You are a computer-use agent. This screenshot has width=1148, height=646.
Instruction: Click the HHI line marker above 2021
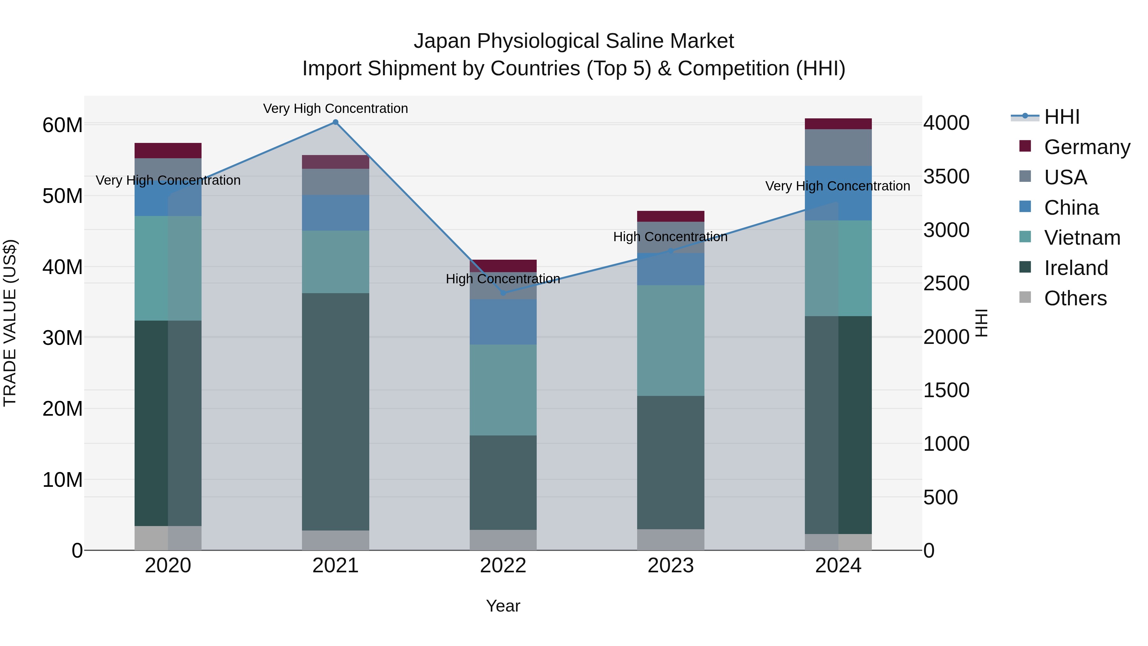335,122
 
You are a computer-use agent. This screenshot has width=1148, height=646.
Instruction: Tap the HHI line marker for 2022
503,293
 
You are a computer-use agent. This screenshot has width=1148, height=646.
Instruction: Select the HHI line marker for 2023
671,251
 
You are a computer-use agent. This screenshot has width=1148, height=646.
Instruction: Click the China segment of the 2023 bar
671,269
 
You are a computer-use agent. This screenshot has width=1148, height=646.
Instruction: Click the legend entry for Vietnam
1082,238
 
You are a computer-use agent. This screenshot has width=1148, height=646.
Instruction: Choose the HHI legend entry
1062,117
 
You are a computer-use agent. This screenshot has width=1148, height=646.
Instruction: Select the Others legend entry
1075,298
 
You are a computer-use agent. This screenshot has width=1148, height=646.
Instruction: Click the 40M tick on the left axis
63,267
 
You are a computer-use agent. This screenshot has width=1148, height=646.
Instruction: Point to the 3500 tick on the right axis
946,176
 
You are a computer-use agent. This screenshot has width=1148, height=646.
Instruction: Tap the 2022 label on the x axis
503,566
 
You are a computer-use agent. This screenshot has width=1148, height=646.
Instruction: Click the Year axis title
503,606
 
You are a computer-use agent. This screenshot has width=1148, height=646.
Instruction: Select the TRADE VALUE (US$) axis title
10,323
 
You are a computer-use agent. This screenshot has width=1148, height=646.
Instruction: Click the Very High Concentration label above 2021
335,108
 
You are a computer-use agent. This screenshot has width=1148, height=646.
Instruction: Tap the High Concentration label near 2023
670,237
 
